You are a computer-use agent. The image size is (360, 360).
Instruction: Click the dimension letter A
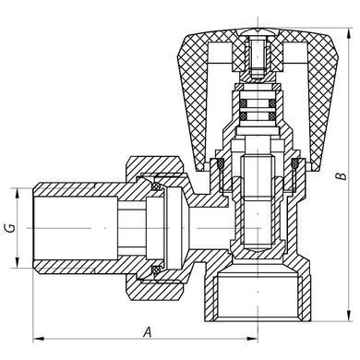148,332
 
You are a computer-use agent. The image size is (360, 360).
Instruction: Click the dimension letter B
341,176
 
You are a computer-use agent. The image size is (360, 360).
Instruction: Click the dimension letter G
10,228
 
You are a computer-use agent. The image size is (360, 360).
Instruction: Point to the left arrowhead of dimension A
37,339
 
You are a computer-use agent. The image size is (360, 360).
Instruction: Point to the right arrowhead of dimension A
253,339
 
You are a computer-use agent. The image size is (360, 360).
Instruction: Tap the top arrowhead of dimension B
349,33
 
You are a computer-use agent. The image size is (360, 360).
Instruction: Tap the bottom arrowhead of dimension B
349,317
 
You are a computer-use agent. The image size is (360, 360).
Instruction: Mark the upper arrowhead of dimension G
18,192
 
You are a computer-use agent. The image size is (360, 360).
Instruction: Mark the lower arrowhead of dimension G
18,263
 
